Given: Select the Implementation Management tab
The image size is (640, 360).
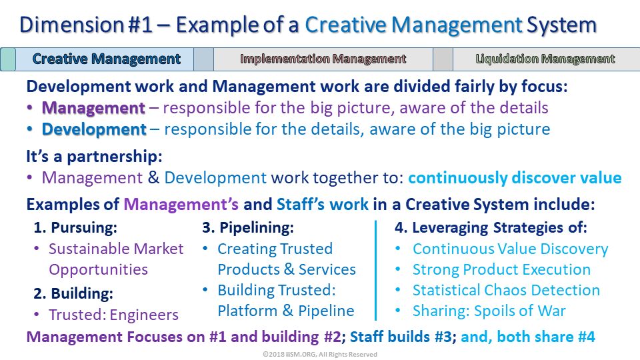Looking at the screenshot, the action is (x=323, y=59).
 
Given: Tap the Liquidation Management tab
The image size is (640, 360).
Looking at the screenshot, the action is (x=546, y=59).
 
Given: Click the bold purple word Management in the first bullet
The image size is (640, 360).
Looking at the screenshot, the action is (x=93, y=108).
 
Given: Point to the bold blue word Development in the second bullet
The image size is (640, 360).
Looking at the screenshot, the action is (x=94, y=129).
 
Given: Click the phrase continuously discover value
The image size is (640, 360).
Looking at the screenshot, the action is (x=515, y=178).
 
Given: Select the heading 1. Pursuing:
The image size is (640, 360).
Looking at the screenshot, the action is (x=75, y=227).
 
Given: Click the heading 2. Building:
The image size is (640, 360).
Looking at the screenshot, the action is (x=73, y=293).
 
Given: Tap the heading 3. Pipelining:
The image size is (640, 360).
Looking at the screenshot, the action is (x=248, y=227).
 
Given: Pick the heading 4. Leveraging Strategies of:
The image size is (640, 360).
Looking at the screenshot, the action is (x=491, y=228).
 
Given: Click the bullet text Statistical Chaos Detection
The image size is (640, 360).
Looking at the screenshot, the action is (x=506, y=290).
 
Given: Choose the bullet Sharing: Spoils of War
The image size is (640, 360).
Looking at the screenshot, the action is (x=489, y=311).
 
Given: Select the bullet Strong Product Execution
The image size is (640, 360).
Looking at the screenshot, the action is (x=501, y=269).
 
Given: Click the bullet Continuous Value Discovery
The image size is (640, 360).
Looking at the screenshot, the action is (x=510, y=249).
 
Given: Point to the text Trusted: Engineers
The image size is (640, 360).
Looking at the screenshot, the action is (x=113, y=315).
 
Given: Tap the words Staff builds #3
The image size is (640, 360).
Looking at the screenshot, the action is (x=401, y=337).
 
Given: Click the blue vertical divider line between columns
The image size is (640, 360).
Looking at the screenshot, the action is (x=375, y=270).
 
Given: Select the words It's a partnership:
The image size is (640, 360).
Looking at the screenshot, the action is (x=94, y=156).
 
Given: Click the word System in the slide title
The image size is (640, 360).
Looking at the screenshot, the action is (x=561, y=25).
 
